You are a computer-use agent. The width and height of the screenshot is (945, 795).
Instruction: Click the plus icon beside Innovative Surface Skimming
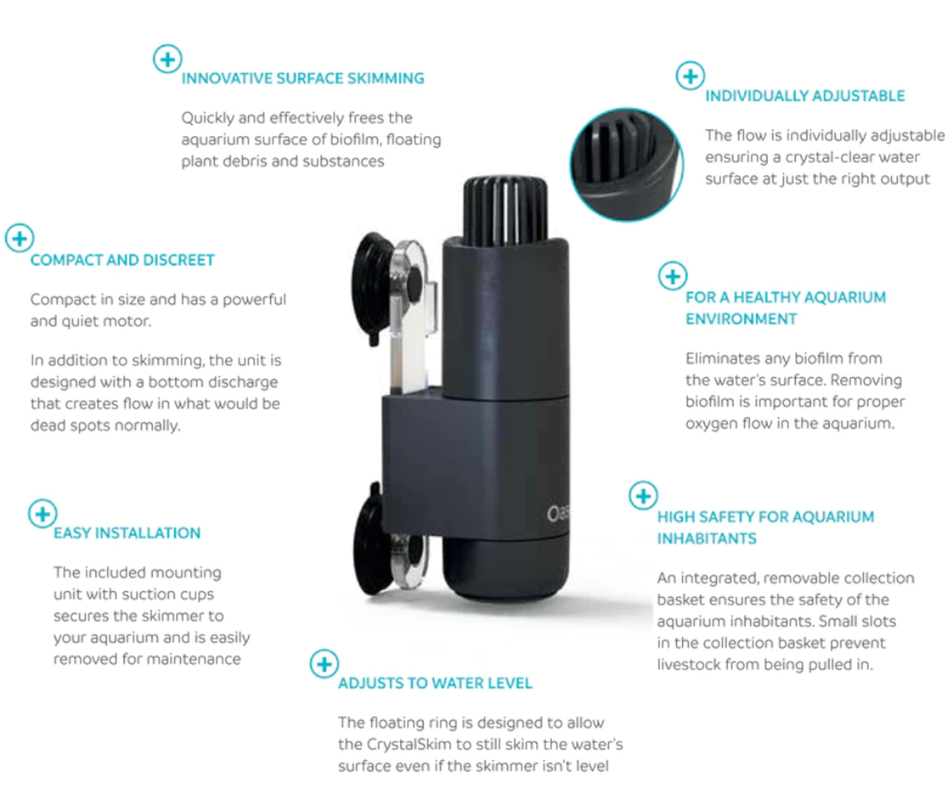tap(167, 59)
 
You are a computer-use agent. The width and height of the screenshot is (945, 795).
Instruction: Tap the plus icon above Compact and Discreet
tap(19, 238)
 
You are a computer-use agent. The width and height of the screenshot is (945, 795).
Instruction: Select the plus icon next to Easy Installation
tap(42, 513)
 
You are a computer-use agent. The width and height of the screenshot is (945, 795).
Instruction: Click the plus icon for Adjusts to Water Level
tap(324, 664)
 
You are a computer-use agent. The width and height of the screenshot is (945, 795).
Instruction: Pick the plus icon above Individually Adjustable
tap(690, 76)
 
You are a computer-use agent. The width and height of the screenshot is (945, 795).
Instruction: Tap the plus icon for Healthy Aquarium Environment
tap(672, 276)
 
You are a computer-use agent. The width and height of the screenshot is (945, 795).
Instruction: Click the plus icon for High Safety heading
tap(643, 496)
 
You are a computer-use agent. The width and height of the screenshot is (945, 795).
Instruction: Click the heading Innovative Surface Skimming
tap(303, 78)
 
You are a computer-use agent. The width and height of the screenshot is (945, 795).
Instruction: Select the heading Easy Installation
tap(127, 533)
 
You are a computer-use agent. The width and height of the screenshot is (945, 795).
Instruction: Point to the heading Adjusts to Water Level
tap(435, 683)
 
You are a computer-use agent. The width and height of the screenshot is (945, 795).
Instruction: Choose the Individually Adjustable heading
tap(805, 96)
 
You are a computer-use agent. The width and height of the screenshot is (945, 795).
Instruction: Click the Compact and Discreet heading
tap(122, 260)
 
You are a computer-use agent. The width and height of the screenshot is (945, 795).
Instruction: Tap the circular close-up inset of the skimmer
tap(627, 164)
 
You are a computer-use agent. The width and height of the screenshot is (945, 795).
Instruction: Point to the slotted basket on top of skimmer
tap(506, 210)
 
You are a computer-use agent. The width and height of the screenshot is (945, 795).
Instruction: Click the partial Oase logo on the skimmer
tap(558, 513)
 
